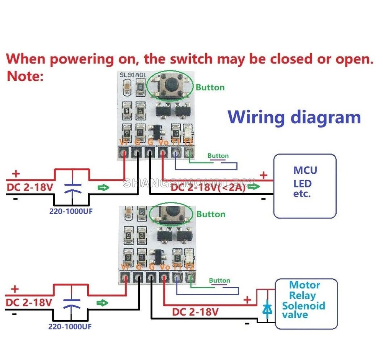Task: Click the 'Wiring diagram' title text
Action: pyautogui.click(x=294, y=117)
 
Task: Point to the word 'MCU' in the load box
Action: pyautogui.click(x=305, y=170)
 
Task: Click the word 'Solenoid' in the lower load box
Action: pyautogui.click(x=303, y=306)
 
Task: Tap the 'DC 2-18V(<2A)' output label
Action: pyautogui.click(x=209, y=187)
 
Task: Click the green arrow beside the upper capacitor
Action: pyautogui.click(x=102, y=187)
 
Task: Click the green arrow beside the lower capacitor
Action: pyautogui.click(x=102, y=303)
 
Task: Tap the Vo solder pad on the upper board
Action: pyautogui.click(x=163, y=154)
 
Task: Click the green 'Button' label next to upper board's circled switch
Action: pyautogui.click(x=210, y=88)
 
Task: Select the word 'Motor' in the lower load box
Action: pyautogui.click(x=304, y=285)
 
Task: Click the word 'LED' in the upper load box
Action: pyautogui.click(x=303, y=183)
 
